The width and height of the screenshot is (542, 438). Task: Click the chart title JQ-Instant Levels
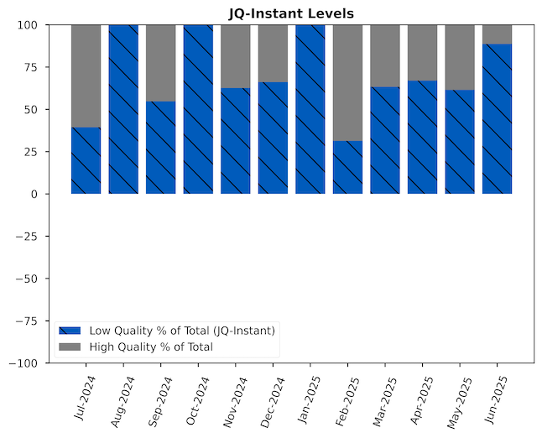[x=291, y=13]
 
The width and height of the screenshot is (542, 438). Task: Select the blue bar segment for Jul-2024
[x=86, y=160]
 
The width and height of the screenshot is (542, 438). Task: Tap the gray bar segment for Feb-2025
[x=347, y=82]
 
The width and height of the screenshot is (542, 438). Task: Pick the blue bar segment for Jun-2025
[x=497, y=118]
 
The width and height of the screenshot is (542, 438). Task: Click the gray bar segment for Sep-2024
[x=160, y=63]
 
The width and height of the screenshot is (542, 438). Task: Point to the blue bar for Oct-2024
[x=198, y=109]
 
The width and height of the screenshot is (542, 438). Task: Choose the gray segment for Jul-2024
[x=86, y=76]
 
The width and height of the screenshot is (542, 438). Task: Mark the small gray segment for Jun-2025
[x=497, y=34]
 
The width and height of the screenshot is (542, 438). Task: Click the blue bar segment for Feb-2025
[x=347, y=167]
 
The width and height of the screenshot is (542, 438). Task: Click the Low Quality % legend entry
[x=181, y=331]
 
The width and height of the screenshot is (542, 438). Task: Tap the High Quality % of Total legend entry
[x=151, y=347]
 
